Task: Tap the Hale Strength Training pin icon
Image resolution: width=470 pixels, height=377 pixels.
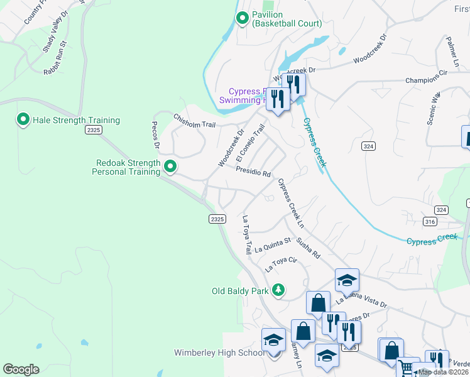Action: coord(23,119)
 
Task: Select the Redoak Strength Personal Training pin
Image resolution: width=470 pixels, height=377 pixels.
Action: coord(170,167)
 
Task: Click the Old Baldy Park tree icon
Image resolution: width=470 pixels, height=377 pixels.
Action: coord(277,290)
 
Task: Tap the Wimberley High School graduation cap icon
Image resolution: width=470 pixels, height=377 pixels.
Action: coord(273,340)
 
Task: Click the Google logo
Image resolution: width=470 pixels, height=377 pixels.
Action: coord(21,369)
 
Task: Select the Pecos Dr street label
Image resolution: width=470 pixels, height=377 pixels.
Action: coord(156,135)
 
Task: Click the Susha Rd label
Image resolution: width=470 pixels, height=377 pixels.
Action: coord(309,248)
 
